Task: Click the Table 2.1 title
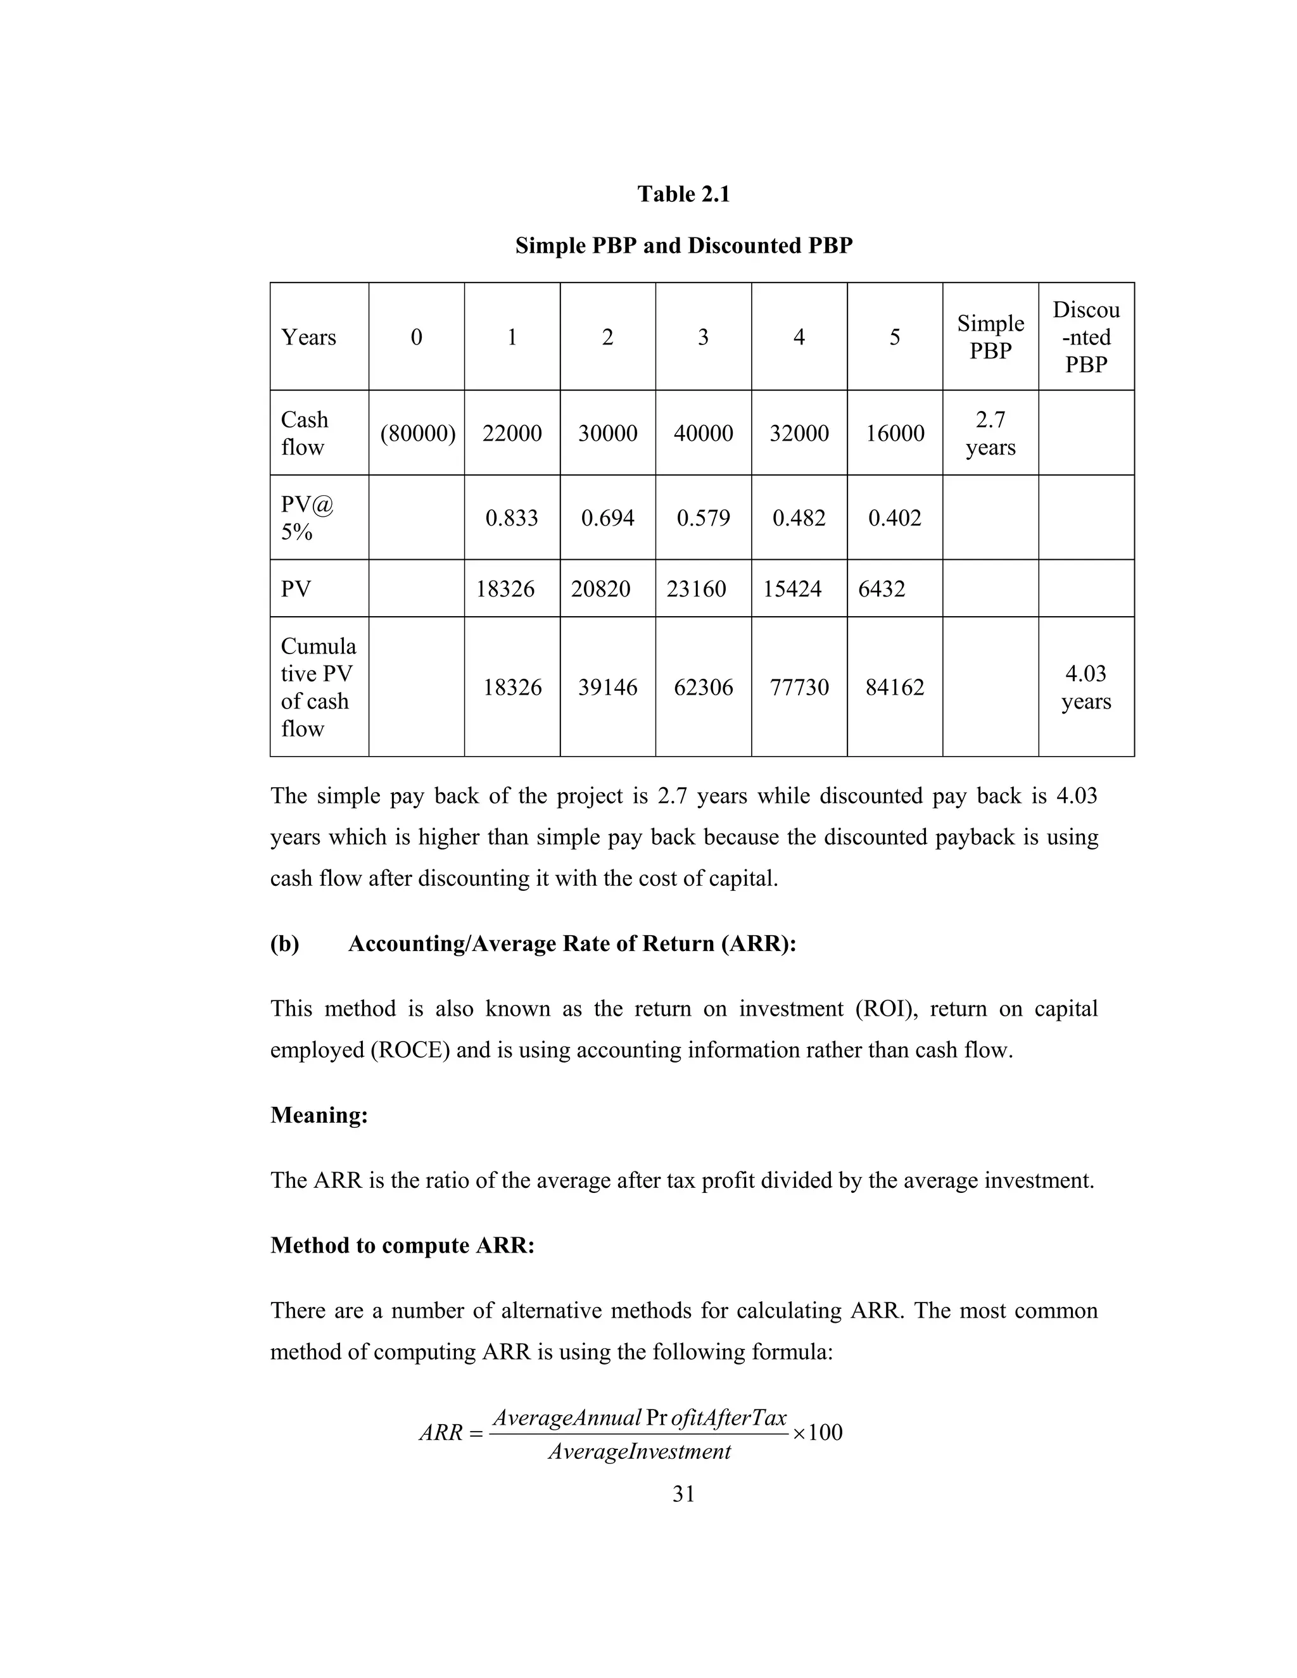[683, 194]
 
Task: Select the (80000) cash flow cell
[417, 433]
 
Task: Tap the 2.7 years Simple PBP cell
[990, 433]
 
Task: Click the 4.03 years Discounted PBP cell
[1085, 687]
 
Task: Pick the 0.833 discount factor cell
[512, 518]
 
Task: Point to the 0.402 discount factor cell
[894, 518]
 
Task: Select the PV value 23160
[696, 590]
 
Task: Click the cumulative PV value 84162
[894, 687]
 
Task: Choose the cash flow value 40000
[703, 433]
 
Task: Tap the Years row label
[308, 337]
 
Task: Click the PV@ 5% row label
[307, 518]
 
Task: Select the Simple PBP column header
[990, 337]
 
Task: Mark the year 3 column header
[703, 337]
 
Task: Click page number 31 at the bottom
[683, 1494]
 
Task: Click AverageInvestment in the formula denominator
[639, 1452]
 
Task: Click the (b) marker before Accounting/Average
[284, 943]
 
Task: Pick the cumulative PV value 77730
[799, 687]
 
